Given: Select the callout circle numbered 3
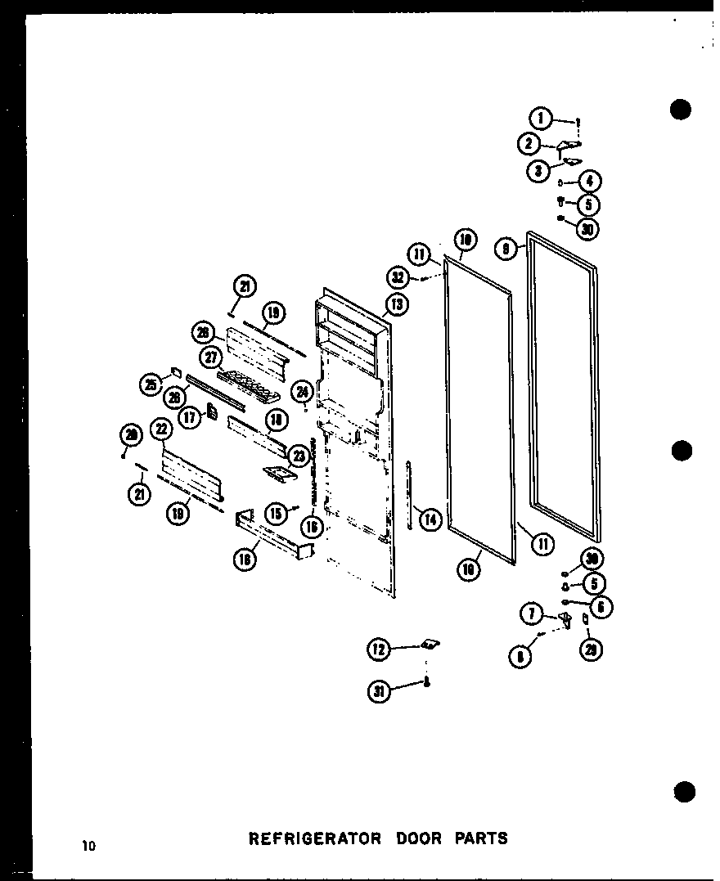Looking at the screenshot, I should point(537,171).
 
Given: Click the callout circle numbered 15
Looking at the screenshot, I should point(277,514).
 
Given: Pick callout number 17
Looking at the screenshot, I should point(191,416).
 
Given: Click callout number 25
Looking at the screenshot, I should point(151,384).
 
